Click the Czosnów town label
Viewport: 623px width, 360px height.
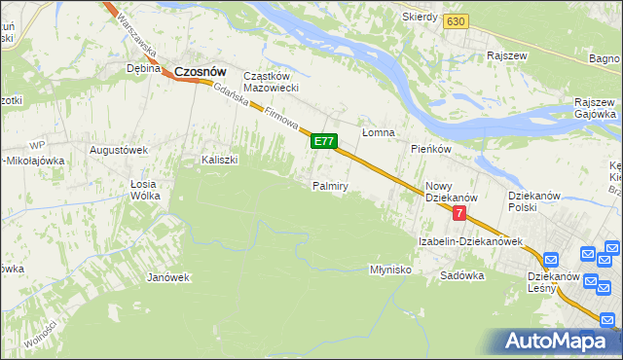pyautogui.click(x=201, y=71)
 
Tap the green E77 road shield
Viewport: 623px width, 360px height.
pyautogui.click(x=324, y=142)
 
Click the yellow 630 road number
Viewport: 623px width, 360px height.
pyautogui.click(x=454, y=20)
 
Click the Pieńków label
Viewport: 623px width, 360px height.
pyautogui.click(x=430, y=149)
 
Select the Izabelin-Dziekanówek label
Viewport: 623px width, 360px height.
pyautogui.click(x=471, y=240)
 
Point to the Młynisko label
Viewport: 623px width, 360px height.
pyautogui.click(x=391, y=269)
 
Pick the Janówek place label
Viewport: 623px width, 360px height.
pyautogui.click(x=167, y=277)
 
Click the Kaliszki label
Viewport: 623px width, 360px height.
pyautogui.click(x=220, y=160)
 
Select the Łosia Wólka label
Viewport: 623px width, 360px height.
pyautogui.click(x=144, y=189)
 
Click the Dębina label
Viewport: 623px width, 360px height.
pyautogui.click(x=143, y=69)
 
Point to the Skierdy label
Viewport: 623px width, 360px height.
pyautogui.click(x=419, y=18)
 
